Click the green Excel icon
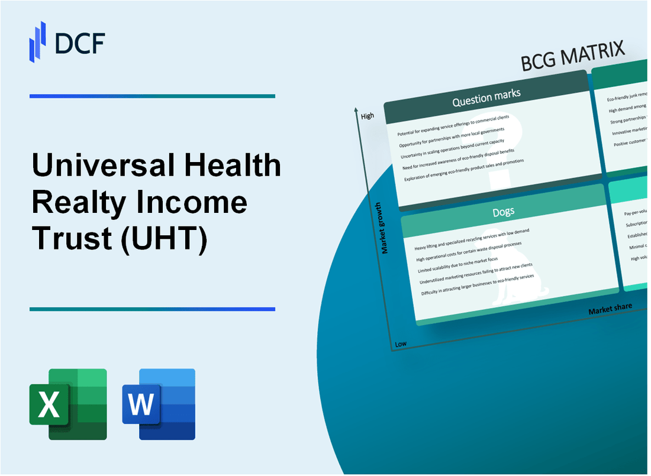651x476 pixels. pos(68,404)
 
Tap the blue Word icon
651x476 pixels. pos(159,404)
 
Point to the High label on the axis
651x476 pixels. pos(367,116)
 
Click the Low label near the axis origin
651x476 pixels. pos(400,344)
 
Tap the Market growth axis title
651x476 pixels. pos(385,228)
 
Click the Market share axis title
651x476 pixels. pos(610,309)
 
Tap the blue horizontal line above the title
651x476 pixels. pos(152,96)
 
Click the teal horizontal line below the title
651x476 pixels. pos(152,309)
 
